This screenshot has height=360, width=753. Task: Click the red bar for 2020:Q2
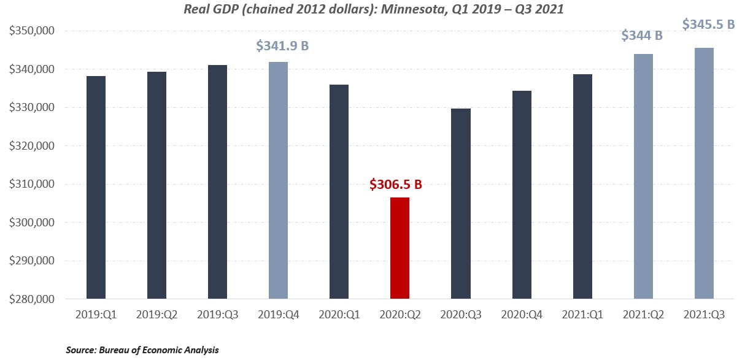point(400,248)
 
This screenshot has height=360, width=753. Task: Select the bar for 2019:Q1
point(96,188)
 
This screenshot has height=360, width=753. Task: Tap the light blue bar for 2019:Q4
point(278,180)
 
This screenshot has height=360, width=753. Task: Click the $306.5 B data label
point(400,184)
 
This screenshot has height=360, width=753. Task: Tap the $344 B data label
point(642,36)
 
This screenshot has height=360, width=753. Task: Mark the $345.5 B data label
point(709,25)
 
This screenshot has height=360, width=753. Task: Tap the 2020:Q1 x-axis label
point(339,315)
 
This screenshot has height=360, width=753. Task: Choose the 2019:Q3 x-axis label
point(217,315)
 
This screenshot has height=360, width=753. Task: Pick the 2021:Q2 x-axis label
point(643,315)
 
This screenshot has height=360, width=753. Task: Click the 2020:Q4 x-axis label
point(521,315)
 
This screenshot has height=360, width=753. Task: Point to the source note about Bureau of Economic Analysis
point(142,350)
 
